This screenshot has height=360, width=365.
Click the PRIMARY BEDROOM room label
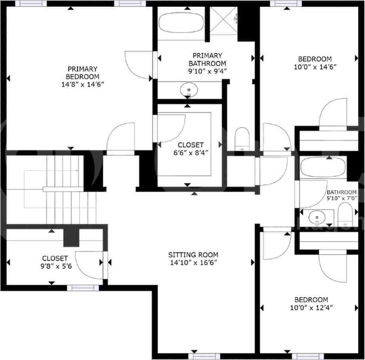tap(82, 72)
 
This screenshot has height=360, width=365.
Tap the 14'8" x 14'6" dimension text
tap(82, 84)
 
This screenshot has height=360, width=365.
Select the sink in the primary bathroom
tap(189, 90)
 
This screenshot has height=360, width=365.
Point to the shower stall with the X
tap(224, 20)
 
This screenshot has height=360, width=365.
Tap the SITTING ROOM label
tap(193, 255)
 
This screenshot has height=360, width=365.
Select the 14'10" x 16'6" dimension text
tap(193, 262)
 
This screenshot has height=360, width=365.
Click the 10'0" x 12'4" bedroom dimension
tap(311, 307)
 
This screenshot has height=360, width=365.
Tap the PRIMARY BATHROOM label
tap(207, 59)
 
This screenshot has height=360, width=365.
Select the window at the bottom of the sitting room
tap(204, 356)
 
